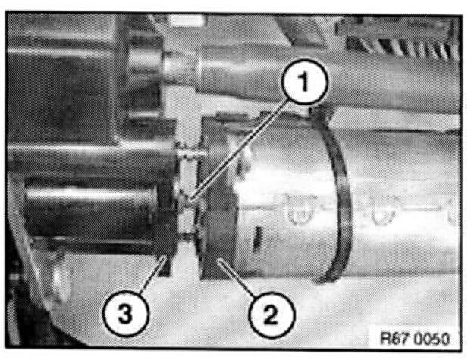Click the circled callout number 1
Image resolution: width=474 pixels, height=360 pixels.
point(304,82)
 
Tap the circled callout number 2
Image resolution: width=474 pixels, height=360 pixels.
point(272,315)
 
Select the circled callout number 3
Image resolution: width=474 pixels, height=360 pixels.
point(125,313)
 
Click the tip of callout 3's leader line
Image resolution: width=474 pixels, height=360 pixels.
point(165,258)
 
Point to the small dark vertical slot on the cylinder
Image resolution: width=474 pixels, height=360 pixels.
point(257,239)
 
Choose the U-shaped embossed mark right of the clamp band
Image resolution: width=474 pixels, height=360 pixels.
point(383,209)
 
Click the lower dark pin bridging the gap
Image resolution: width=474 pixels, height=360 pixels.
point(188,236)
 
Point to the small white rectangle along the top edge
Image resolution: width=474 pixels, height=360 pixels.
point(187,20)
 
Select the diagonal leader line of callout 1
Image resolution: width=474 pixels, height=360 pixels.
point(239,150)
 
